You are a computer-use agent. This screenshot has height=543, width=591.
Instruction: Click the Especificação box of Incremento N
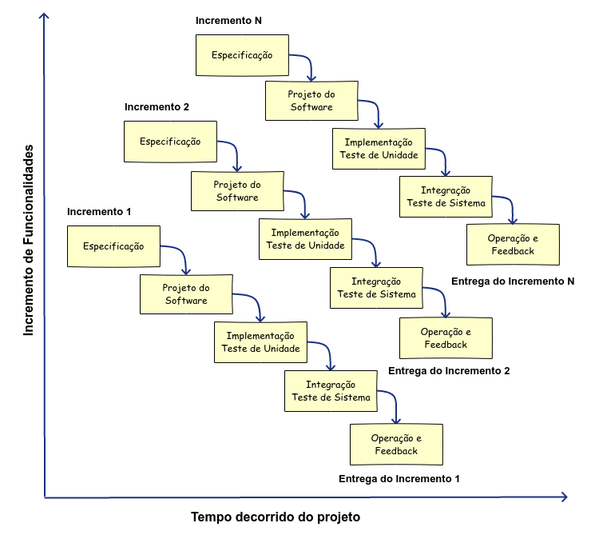click(x=241, y=55)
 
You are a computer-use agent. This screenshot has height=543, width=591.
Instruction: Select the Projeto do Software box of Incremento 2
click(x=236, y=190)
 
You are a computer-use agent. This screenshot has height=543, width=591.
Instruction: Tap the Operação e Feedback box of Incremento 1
click(x=395, y=445)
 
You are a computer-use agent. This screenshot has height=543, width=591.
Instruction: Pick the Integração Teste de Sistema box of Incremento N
click(x=446, y=197)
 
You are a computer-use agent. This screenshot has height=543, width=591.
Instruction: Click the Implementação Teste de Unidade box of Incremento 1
click(x=260, y=342)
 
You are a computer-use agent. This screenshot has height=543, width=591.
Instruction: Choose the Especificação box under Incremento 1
click(x=113, y=246)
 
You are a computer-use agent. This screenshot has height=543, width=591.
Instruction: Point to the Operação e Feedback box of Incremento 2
click(x=446, y=337)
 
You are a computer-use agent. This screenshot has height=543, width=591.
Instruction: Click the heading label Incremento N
click(x=228, y=19)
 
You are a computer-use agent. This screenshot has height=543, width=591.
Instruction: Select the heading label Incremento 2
click(x=157, y=106)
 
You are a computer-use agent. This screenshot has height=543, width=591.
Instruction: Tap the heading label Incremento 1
click(x=99, y=212)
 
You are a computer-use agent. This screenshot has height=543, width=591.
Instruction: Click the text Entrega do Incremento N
click(x=513, y=281)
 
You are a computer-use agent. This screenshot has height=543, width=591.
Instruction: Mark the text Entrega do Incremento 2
click(x=448, y=371)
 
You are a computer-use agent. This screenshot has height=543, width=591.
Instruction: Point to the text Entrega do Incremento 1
click(x=399, y=478)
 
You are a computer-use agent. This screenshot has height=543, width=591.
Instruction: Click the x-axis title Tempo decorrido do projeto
click(x=276, y=517)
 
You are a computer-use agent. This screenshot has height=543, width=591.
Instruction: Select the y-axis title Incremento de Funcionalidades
click(x=30, y=240)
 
